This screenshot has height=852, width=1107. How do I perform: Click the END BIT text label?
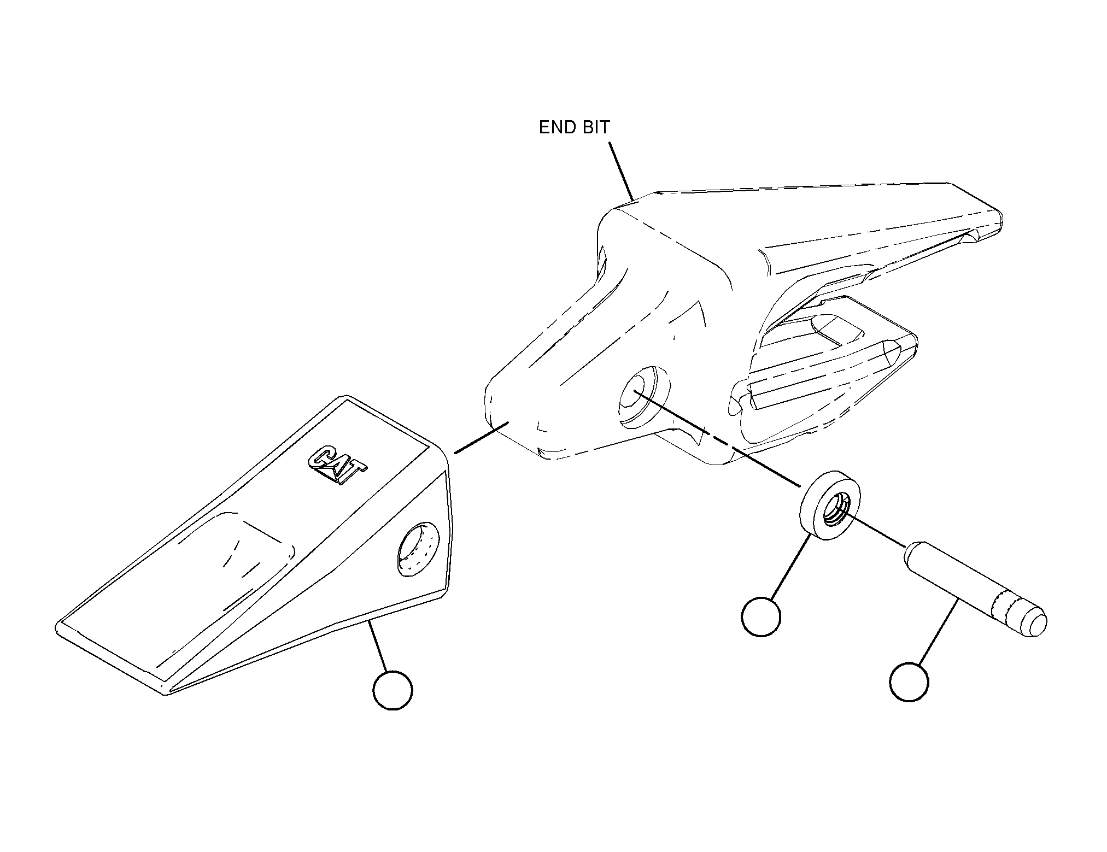click(x=574, y=127)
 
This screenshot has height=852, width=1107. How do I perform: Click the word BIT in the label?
click(x=595, y=127)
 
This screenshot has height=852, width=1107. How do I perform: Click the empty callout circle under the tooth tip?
click(x=393, y=690)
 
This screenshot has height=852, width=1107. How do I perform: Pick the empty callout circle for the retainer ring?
click(x=761, y=616)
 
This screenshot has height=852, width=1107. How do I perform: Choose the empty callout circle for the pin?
click(x=909, y=681)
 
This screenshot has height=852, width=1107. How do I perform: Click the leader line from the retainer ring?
click(x=791, y=567)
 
